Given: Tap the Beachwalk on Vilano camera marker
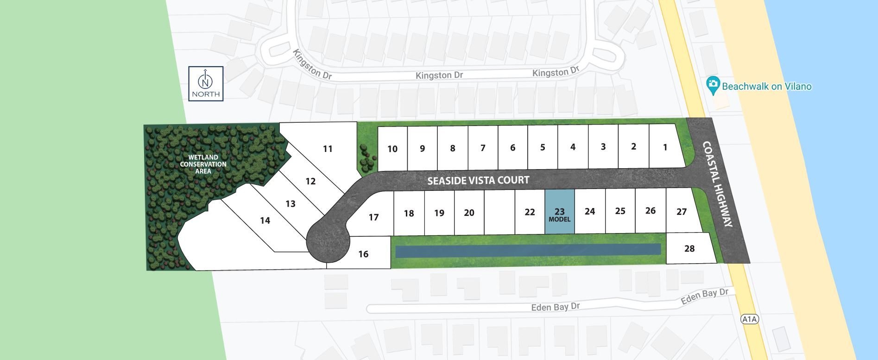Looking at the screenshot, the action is coord(713,86).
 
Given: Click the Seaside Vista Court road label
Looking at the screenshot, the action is coord(478,180).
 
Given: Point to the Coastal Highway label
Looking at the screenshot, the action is coord(718,184).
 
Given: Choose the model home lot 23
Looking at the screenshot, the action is coord(559,212).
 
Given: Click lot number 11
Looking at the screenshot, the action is coord(328,149).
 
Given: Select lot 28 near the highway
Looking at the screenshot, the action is coord(689,248).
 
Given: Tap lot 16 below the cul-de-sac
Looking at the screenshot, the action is coord(363,253).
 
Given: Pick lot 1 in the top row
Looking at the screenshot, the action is coord(665,147).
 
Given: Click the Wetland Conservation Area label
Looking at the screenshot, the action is coord(203,164).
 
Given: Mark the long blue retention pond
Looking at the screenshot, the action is coord(528,250).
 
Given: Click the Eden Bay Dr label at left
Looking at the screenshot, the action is coord(555,307).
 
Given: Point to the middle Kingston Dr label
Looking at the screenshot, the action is coord(439,75).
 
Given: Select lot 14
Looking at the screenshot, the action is coord(265,221).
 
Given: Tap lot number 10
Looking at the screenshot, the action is coord(392,149).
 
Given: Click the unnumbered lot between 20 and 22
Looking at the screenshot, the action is coord(499,212).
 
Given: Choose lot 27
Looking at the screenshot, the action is coord(681,212).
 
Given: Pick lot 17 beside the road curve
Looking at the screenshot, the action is coord(373,217).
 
